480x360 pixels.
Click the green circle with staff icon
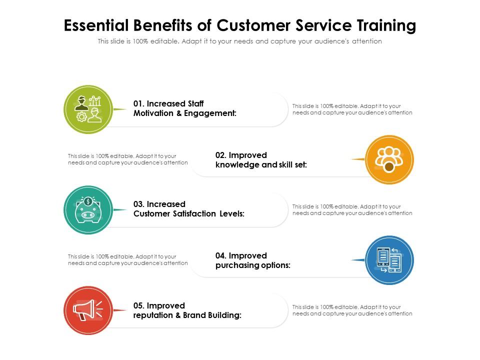(88, 109)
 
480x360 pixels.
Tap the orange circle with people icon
(389, 159)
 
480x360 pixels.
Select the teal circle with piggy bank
(88, 209)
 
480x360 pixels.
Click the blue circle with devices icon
(389, 260)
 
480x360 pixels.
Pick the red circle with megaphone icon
(88, 310)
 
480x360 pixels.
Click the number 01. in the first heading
(139, 103)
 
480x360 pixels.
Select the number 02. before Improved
(221, 155)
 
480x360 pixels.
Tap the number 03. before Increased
(139, 204)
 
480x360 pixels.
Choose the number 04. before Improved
(221, 255)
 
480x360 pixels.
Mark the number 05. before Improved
(139, 305)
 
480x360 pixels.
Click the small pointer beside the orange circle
(358, 159)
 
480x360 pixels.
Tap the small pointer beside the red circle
(119, 310)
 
